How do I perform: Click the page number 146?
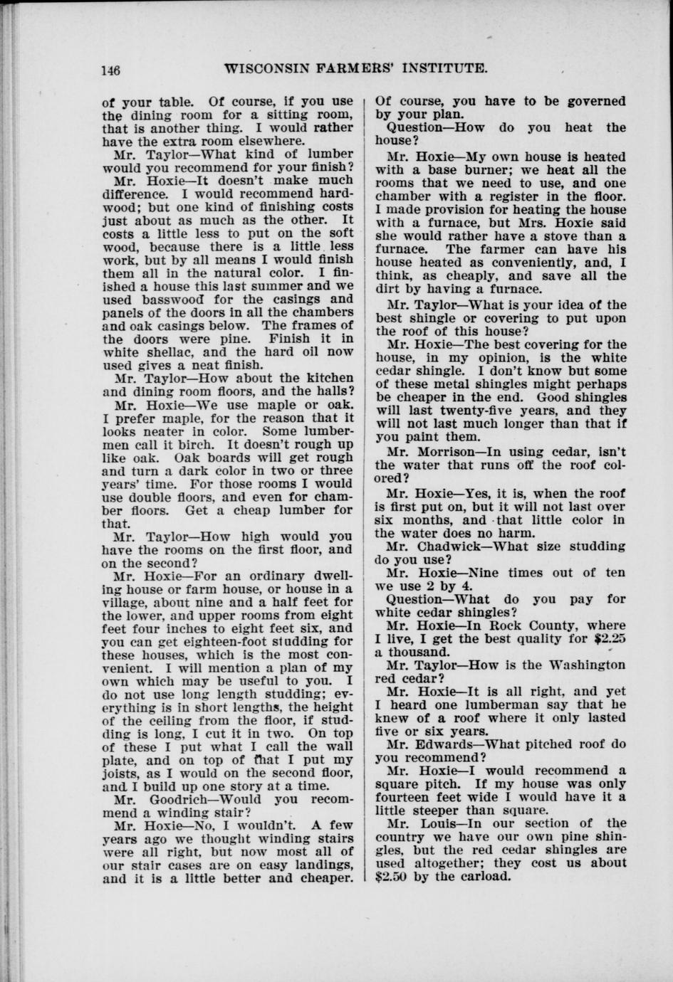(110, 70)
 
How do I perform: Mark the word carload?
(486, 876)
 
